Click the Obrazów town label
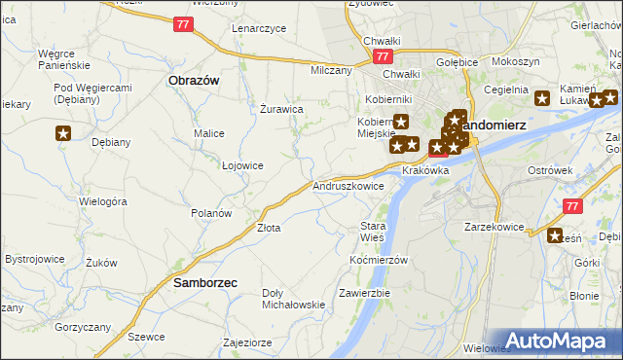192,80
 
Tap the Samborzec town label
204,283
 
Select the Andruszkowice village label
348,185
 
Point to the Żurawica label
282,109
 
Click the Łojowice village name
242,165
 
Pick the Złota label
269,228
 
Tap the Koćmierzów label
378,261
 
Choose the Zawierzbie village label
365,293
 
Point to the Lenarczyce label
259,28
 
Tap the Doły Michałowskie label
293,299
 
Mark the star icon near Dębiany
63,133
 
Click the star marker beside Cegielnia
543,97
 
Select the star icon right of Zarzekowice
556,235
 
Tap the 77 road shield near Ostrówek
572,204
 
